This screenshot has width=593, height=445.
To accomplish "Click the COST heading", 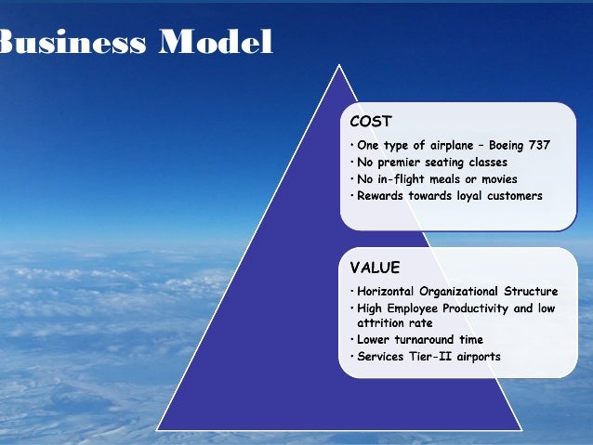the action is [371, 122].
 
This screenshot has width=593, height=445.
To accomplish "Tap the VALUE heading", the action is [375, 268].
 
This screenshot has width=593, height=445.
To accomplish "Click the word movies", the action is [498, 179].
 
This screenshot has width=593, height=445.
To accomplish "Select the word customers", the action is [511, 196].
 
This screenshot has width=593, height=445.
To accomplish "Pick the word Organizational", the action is [462, 292].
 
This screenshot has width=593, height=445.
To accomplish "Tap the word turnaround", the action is [429, 339].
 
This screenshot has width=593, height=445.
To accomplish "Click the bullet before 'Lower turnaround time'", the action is [352, 339].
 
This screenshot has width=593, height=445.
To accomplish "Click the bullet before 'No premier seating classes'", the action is [352, 163].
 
